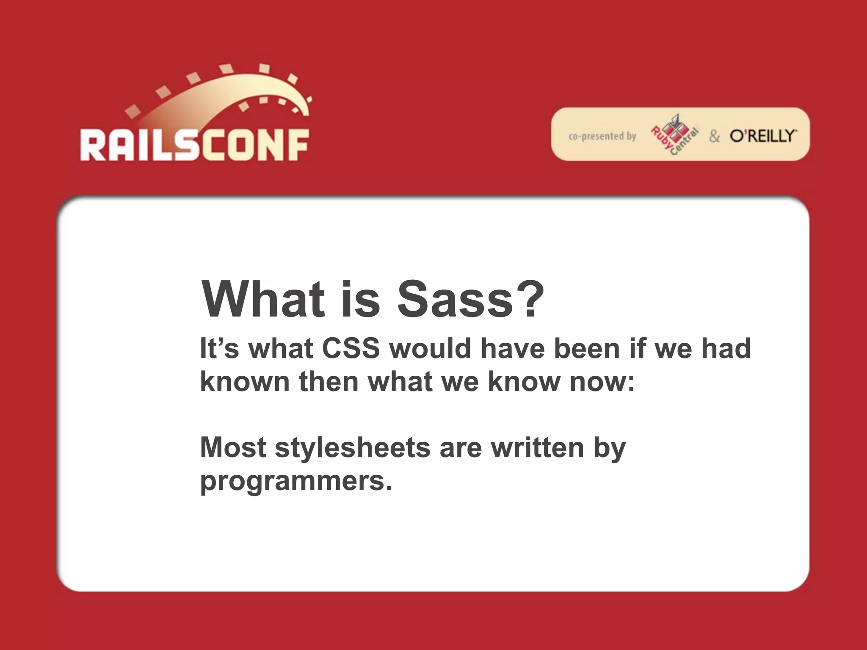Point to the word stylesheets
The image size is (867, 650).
pyautogui.click(x=353, y=448)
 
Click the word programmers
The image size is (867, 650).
pyautogui.click(x=295, y=482)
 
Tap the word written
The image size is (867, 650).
pyautogui.click(x=538, y=448)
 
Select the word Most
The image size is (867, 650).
pyautogui.click(x=233, y=448)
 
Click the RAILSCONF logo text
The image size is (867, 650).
pyautogui.click(x=195, y=145)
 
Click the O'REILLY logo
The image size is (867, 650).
pyautogui.click(x=762, y=136)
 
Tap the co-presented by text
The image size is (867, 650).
pyautogui.click(x=602, y=136)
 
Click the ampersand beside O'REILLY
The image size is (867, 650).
pyautogui.click(x=714, y=136)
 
